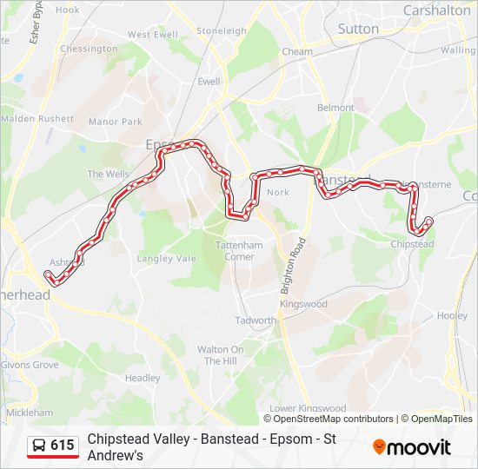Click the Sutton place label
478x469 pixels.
point(358,29)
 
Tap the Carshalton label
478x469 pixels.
point(436,10)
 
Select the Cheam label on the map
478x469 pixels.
point(297,52)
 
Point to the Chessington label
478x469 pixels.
point(89,49)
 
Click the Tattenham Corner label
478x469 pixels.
point(240,251)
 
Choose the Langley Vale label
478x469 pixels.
point(167,258)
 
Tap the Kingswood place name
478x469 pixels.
point(303,304)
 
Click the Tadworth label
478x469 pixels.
point(256,320)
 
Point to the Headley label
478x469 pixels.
point(143,378)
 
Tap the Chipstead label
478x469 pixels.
point(413,245)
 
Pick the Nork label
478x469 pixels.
point(278,193)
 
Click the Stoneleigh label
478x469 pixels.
point(222,30)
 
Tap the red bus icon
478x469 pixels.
point(39,446)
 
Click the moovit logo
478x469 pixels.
point(412,446)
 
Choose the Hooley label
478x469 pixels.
point(452,316)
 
